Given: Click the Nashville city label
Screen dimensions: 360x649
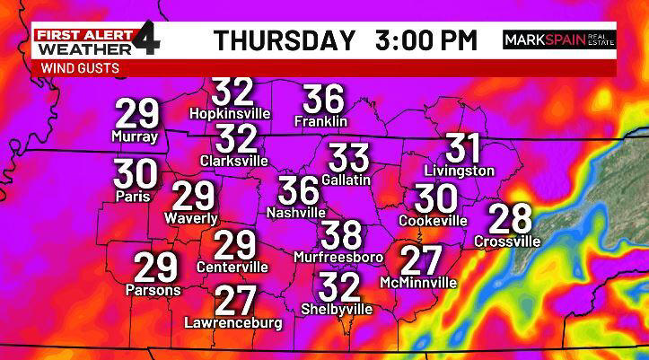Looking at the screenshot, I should [x=296, y=213].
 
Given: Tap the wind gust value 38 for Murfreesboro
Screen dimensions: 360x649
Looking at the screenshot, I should [x=341, y=235].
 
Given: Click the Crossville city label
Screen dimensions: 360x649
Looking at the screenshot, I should [x=507, y=241].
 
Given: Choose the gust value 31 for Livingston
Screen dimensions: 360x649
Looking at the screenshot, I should [x=463, y=149].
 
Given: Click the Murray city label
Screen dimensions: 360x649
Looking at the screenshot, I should [x=135, y=136].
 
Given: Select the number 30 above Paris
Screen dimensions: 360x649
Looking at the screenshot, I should [x=136, y=173].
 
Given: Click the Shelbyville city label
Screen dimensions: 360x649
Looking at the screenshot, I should [x=339, y=308].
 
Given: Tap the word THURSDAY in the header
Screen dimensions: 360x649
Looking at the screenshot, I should [x=284, y=40].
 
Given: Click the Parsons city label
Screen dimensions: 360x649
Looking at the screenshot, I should [x=154, y=290].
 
